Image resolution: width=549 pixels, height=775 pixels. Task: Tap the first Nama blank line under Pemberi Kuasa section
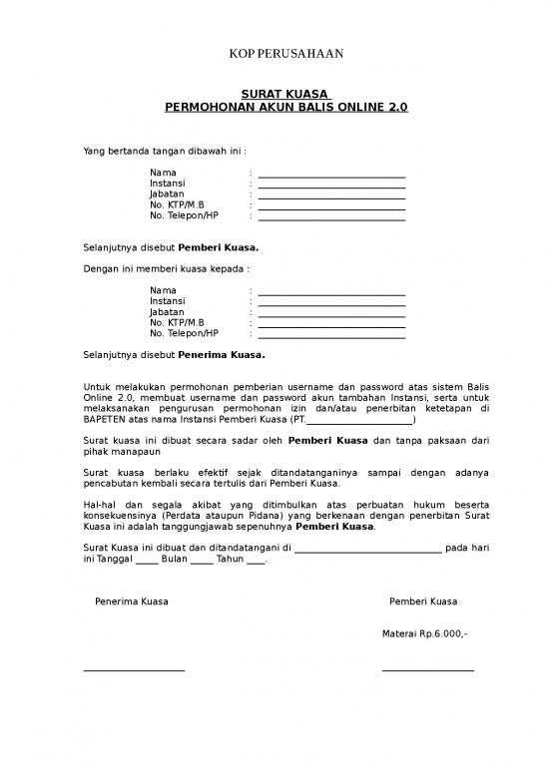click(331, 176)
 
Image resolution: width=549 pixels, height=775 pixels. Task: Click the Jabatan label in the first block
click(167, 194)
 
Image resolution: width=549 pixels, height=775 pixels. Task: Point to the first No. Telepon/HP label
click(184, 215)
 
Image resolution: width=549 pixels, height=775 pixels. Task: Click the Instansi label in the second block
click(167, 300)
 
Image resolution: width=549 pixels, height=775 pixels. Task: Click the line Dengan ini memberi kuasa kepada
click(165, 268)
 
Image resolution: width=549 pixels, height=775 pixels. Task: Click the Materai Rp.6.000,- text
click(424, 633)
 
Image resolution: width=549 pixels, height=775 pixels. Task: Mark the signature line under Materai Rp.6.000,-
click(427, 669)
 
